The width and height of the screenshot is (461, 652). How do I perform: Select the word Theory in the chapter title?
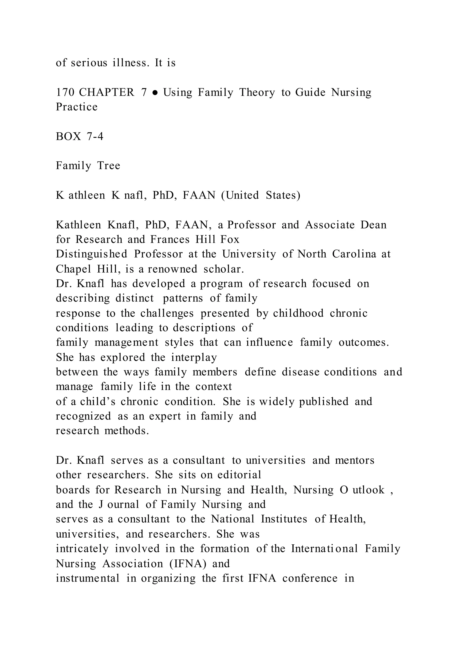click(257, 93)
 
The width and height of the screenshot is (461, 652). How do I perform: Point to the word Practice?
click(77, 107)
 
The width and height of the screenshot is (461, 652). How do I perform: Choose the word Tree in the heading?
click(109, 166)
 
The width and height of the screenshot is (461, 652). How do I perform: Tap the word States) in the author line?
click(283, 195)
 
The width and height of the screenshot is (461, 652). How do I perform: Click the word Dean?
click(374, 225)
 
